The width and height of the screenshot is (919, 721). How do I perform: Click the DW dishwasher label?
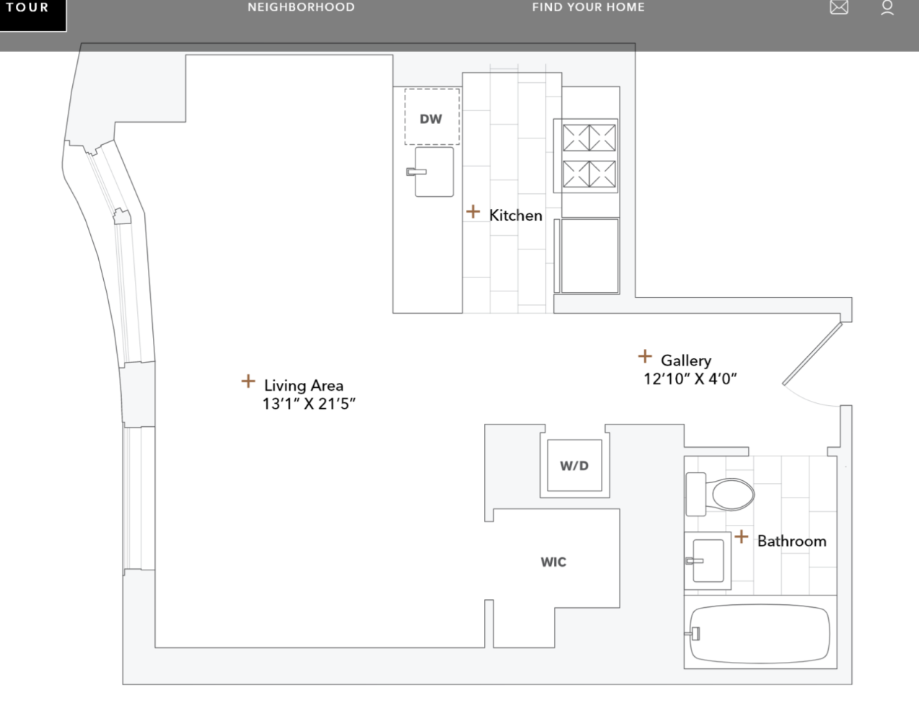[x=431, y=119]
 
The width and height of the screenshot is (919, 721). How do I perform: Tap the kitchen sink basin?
[x=434, y=172]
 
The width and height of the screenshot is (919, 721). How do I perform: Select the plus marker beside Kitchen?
[x=472, y=211]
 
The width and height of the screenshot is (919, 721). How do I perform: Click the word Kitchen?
[x=515, y=215]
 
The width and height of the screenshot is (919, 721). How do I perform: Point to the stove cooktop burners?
[x=589, y=156]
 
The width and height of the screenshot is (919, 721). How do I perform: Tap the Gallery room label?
[x=685, y=360]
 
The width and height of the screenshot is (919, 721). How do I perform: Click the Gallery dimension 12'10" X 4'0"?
[x=690, y=379]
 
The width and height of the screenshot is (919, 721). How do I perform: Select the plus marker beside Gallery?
[x=645, y=356]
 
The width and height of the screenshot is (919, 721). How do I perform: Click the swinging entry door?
[x=812, y=354]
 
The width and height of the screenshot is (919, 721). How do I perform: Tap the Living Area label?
[x=303, y=385]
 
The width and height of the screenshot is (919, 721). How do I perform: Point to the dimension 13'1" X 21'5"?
[x=309, y=404]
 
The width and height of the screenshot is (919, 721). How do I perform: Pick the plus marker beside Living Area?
[x=248, y=381]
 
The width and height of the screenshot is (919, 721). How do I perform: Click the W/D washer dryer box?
[x=574, y=466]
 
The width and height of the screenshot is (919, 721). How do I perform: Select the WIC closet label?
[x=553, y=562]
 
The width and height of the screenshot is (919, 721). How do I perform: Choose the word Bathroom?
[x=791, y=541]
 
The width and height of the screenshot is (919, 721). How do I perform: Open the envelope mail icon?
[x=839, y=8]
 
